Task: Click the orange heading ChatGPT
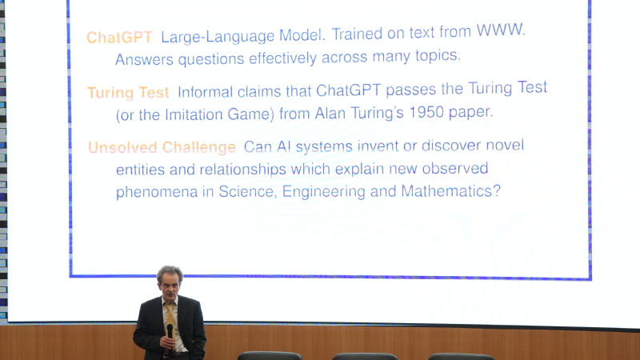(119, 38)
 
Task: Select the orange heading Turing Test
(128, 93)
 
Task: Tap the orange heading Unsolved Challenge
(162, 147)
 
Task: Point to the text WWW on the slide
(500, 30)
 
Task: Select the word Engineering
(324, 191)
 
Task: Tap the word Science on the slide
(246, 191)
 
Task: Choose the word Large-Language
(218, 36)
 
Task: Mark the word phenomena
(157, 192)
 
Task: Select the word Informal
(205, 92)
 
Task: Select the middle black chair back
(365, 356)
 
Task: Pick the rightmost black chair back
(462, 356)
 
